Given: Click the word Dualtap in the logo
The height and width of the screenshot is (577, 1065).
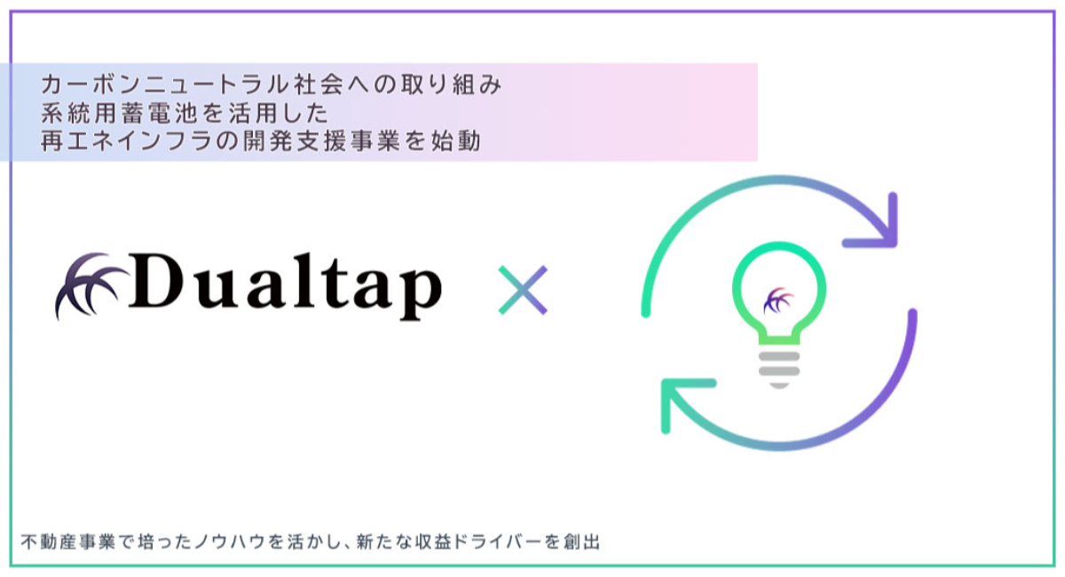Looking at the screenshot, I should (284, 286).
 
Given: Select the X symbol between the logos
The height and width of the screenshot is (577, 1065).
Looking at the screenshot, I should (523, 289).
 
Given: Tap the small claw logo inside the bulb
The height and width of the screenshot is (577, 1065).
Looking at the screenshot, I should (778, 301).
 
